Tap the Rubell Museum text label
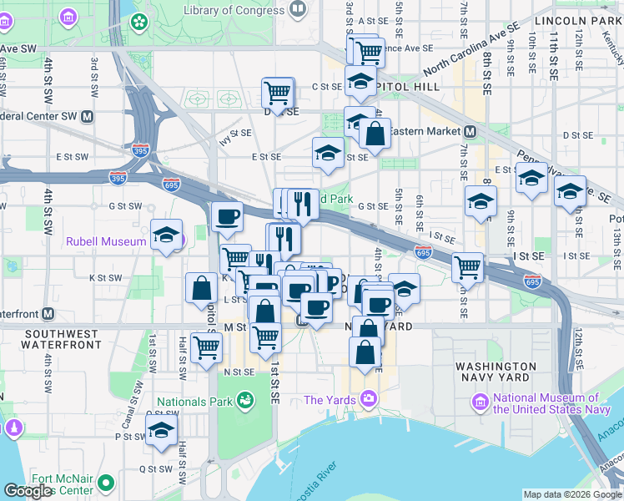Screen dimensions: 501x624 click(106, 241)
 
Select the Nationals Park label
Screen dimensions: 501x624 click(194, 402)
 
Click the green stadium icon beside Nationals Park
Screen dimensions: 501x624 click(244, 401)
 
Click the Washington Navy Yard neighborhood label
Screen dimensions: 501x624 click(496, 372)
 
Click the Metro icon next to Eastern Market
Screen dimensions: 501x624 click(471, 131)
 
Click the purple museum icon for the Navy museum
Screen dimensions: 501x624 click(480, 402)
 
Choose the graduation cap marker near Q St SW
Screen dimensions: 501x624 click(161, 431)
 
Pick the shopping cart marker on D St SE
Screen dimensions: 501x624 click(278, 92)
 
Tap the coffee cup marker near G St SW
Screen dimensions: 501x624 click(227, 218)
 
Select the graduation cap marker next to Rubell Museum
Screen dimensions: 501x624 click(167, 234)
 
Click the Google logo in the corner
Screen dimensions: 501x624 click(27, 490)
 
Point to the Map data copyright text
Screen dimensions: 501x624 click(572, 494)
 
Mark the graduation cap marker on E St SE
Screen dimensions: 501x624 click(329, 152)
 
